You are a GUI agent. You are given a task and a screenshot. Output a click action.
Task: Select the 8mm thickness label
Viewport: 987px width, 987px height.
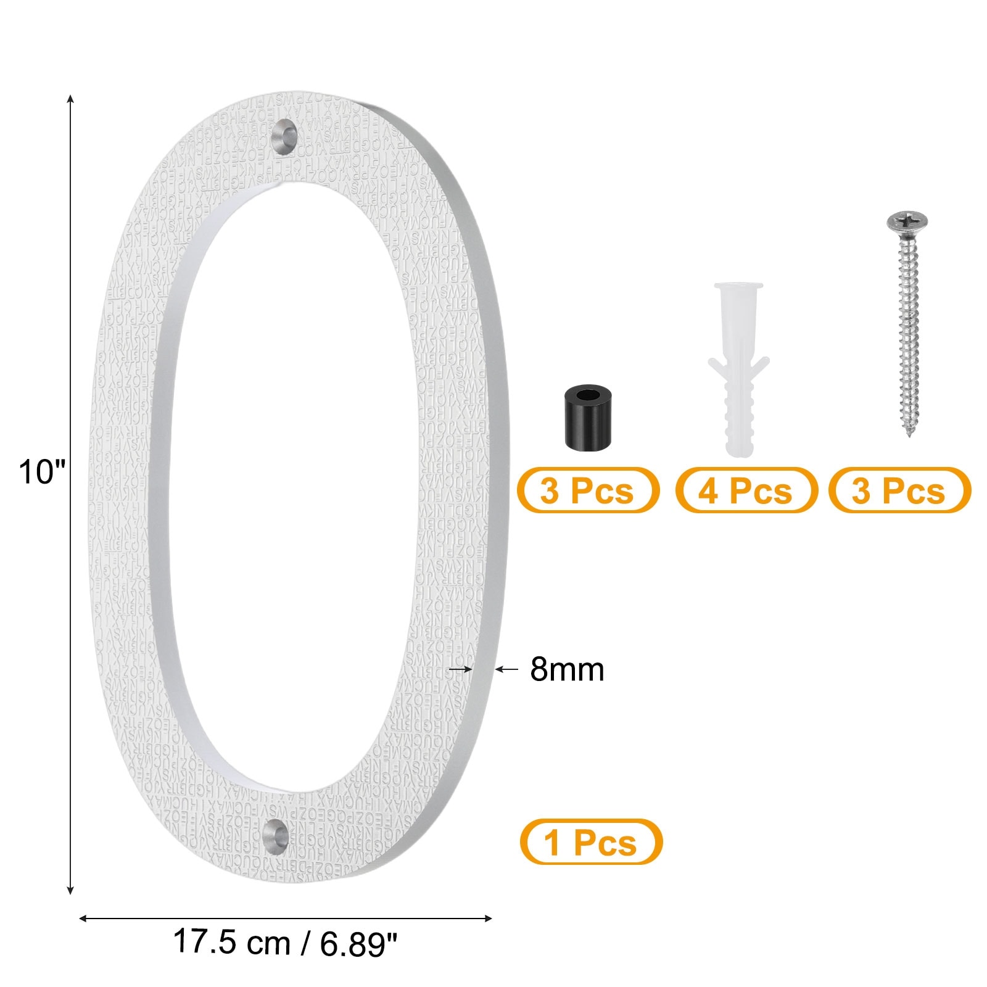point(567,669)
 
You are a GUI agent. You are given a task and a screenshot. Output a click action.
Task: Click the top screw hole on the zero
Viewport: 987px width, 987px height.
point(284,134)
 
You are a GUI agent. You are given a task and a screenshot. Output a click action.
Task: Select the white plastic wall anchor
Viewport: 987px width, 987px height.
point(738,370)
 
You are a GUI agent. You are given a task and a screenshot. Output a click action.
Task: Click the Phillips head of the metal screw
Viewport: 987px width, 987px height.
point(907,222)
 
